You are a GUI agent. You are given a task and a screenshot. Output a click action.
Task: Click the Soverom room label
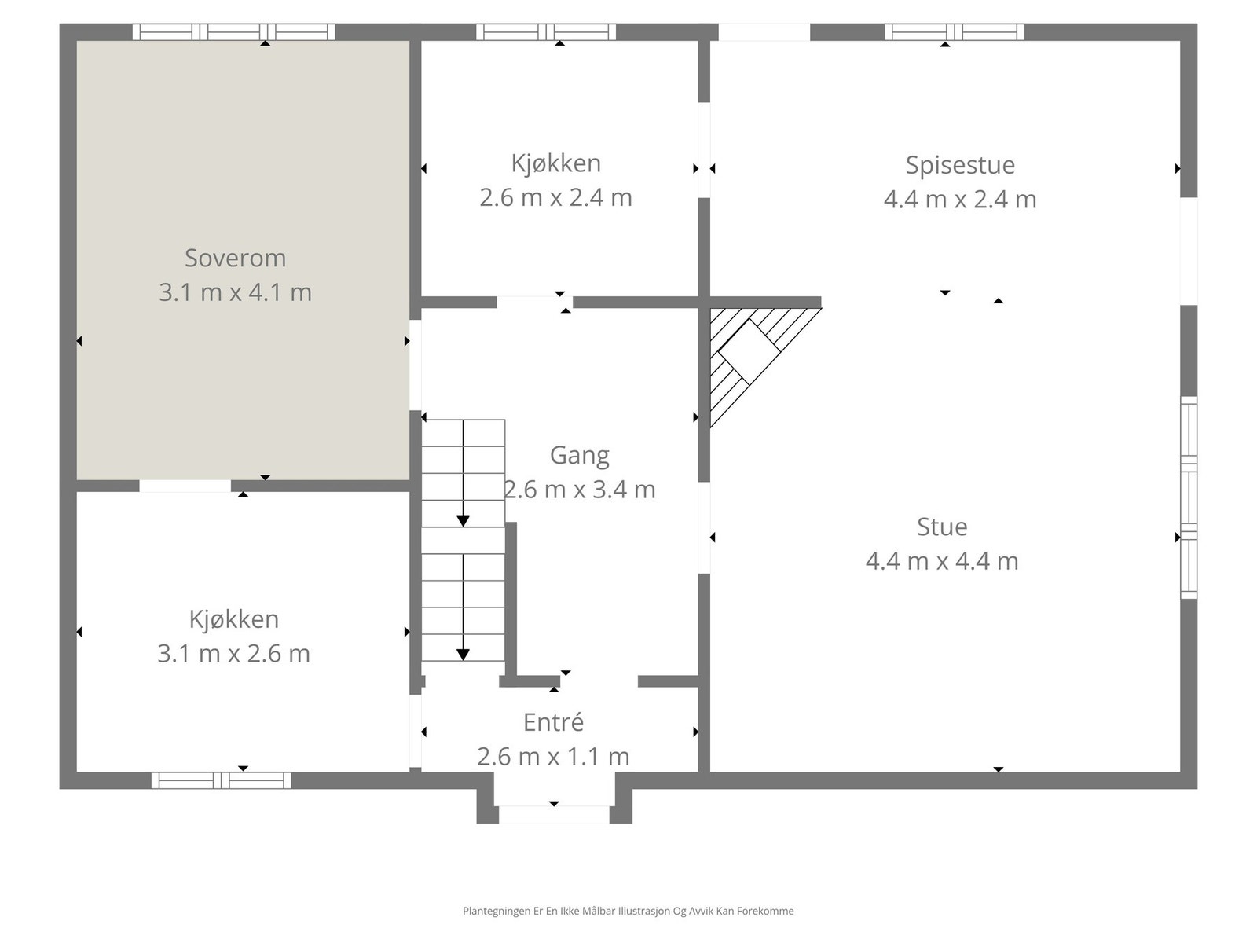point(235,258)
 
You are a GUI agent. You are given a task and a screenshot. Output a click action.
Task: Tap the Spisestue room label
point(960,165)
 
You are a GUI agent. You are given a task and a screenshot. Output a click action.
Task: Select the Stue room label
point(942,527)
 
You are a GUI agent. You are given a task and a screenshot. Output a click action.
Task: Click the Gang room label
point(579,455)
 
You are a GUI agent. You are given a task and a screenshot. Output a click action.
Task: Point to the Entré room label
point(553,722)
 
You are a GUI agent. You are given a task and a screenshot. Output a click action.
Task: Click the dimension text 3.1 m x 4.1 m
point(235,292)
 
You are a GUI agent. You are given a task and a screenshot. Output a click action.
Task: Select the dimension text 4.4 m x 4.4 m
point(942,561)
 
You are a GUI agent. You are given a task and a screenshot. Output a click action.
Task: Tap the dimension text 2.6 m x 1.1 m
point(553,756)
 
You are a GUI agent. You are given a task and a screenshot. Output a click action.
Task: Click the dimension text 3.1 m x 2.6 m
point(233,653)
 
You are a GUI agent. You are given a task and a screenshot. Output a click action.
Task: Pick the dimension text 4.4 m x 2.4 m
point(960,199)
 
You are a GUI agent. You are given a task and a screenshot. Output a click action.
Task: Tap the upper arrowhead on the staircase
point(463,521)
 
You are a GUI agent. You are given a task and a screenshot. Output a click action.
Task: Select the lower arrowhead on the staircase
point(463,655)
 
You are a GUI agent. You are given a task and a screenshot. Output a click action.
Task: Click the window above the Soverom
point(233,32)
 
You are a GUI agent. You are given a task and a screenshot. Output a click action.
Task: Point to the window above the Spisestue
point(954,32)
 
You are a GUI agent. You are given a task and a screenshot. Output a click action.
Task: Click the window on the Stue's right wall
point(1189,497)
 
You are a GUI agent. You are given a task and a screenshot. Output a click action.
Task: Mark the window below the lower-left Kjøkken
point(221,780)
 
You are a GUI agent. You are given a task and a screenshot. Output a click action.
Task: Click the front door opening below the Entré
point(554,814)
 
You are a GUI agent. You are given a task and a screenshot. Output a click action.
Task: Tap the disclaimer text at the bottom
point(628,912)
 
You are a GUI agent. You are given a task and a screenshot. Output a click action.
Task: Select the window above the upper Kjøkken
point(546,32)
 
